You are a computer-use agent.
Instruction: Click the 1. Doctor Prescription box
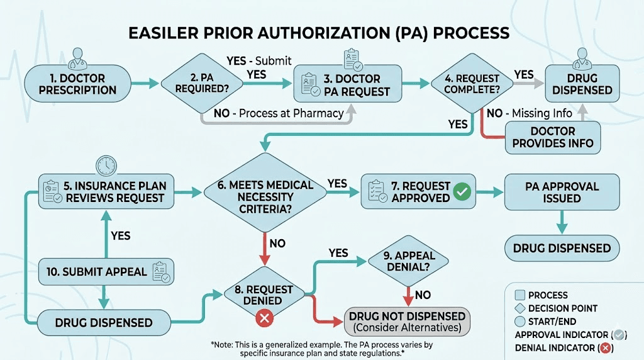point(77,84)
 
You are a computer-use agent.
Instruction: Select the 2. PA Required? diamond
point(202,84)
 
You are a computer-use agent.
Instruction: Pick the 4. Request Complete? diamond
point(471,84)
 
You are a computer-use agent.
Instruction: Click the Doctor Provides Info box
point(552,137)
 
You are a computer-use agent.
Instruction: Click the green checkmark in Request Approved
point(464,191)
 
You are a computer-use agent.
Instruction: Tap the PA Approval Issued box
point(562,192)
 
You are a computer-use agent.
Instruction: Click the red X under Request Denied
point(264,318)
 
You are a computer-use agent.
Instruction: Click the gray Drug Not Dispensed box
point(407,322)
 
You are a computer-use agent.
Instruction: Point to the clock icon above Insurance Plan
point(107,166)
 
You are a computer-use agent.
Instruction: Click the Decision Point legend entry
point(563,308)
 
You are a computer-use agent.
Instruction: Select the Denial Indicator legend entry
point(563,348)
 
